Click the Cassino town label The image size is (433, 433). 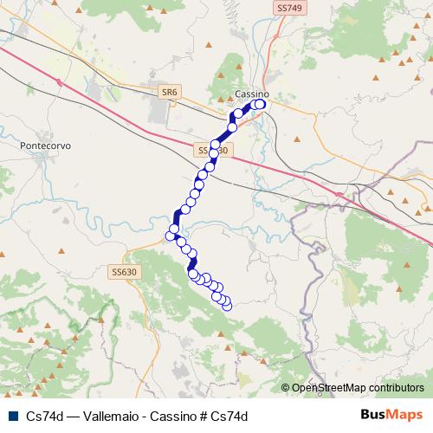pos(252,94)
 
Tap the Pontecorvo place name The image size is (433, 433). pos(44,146)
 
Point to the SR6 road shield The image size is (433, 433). pos(169,91)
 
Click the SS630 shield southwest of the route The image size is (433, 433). pos(124,272)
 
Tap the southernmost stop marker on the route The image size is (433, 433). pos(227,305)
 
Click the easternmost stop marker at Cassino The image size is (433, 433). pos(260,105)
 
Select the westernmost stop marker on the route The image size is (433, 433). pos(170,235)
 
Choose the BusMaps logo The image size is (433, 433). pos(391,414)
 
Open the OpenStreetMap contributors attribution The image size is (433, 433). pos(358,388)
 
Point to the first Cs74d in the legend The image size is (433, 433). pos(44,415)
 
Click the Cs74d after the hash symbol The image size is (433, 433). pos(230,415)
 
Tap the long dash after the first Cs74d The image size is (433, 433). pos(72,415)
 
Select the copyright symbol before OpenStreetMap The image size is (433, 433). pos(286,388)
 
